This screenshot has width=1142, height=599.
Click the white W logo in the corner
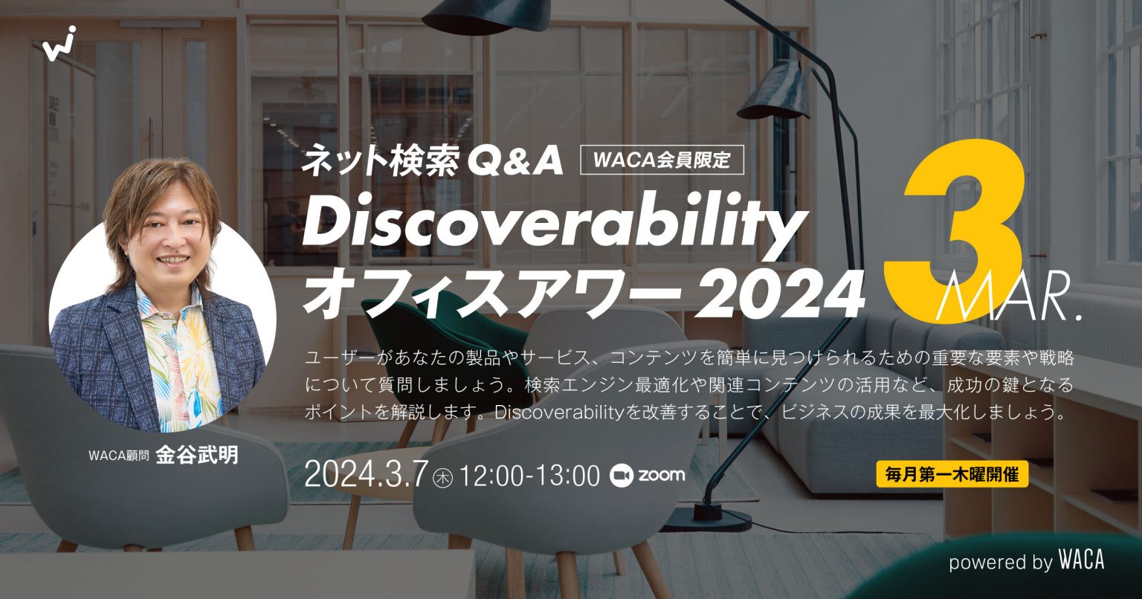59,45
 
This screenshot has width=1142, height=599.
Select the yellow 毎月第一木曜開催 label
952,473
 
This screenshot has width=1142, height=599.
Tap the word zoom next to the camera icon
661,476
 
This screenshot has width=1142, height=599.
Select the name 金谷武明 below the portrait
197,454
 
